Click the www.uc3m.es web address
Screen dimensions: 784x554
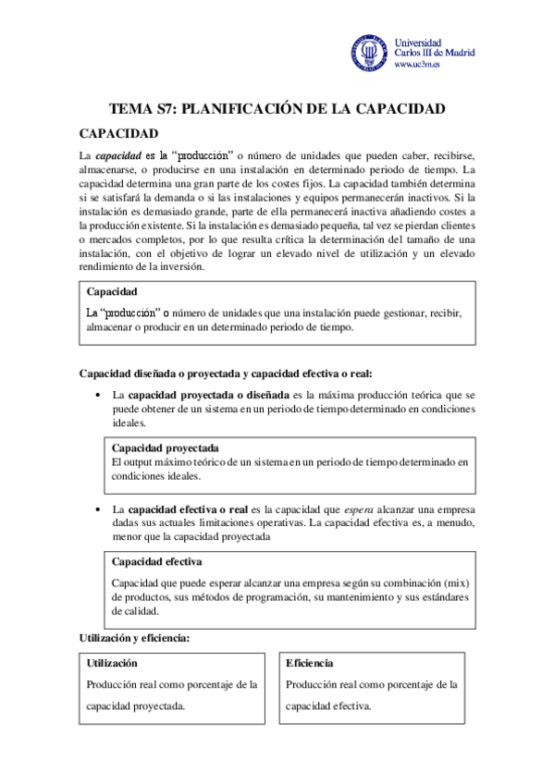point(417,65)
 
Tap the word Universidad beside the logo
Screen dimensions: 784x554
point(418,43)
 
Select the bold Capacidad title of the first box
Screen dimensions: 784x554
point(112,293)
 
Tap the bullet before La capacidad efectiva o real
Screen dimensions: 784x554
point(98,509)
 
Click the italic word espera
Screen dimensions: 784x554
point(358,509)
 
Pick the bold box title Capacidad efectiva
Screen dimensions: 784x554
point(157,561)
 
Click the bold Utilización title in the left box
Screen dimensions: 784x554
point(112,663)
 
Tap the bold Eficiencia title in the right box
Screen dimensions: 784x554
point(310,663)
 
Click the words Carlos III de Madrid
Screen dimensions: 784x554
point(435,54)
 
